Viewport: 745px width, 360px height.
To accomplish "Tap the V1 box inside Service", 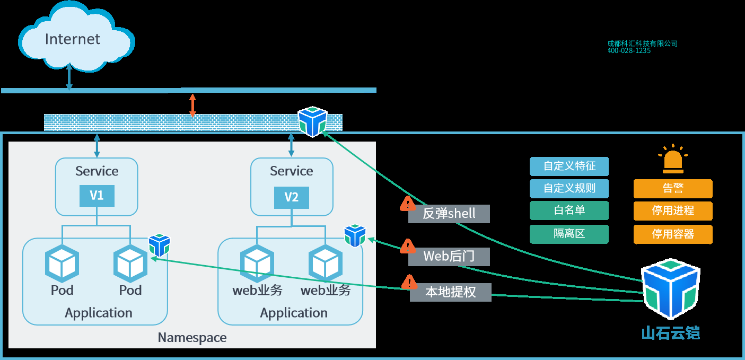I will [x=97, y=196].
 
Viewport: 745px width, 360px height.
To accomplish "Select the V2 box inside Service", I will [x=291, y=197].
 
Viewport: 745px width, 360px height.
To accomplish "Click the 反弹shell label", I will [x=449, y=214].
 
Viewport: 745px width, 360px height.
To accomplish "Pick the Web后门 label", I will [x=449, y=257].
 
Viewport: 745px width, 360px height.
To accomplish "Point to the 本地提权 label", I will [x=450, y=292].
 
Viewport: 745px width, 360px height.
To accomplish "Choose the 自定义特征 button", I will [x=569, y=166].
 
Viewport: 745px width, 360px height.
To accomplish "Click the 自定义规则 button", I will [x=569, y=189].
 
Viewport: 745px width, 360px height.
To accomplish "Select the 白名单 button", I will [x=569, y=210].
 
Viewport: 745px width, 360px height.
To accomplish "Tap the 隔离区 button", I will [x=569, y=234].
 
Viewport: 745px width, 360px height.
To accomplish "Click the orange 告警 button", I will [x=673, y=189].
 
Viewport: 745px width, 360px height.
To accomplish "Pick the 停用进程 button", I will [x=673, y=211].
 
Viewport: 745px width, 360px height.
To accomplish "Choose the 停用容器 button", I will [x=673, y=234].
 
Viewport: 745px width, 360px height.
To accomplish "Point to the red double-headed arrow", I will [x=192, y=105].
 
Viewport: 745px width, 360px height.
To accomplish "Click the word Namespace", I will [x=192, y=338].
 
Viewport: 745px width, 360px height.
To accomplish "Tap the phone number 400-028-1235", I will [x=629, y=51].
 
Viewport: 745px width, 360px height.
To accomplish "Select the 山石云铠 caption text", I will [x=670, y=333].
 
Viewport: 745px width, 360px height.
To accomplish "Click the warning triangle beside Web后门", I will [x=407, y=246].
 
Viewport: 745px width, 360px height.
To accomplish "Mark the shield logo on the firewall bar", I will [x=312, y=121].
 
